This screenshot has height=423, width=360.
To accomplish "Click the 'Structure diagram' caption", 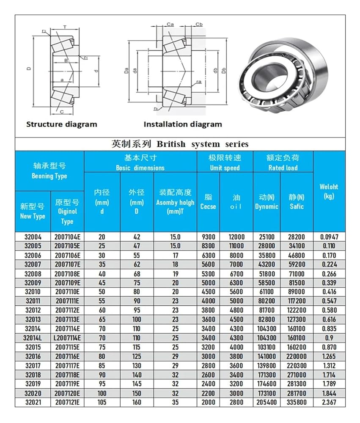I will pyautogui.click(x=61, y=124).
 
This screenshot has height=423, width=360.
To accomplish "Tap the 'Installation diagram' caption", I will pyautogui.click(x=182, y=124).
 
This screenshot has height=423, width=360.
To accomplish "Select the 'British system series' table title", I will pyautogui.click(x=180, y=144).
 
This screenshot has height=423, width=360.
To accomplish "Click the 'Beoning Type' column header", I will pyautogui.click(x=49, y=171).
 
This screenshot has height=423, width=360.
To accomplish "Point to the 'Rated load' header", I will pyautogui.click(x=283, y=162).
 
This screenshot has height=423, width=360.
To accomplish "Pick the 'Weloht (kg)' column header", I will pyautogui.click(x=329, y=191).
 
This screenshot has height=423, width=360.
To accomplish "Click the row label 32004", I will pyautogui.click(x=33, y=237).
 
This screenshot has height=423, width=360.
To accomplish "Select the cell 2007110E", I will pyautogui.click(x=67, y=291).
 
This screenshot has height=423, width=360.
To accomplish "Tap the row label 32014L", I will pyautogui.click(x=33, y=338).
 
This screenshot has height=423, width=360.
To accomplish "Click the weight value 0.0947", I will pyautogui.click(x=329, y=237).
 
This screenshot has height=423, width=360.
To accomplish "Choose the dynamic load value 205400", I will pyautogui.click(x=267, y=402).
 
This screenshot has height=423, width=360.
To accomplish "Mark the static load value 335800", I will pyautogui.click(x=297, y=402).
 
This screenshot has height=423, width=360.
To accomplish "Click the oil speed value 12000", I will pyautogui.click(x=236, y=237).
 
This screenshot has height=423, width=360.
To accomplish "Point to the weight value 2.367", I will pyautogui.click(x=329, y=402).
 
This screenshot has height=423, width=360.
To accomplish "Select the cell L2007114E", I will pyautogui.click(x=67, y=338).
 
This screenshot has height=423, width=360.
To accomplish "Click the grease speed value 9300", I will pyautogui.click(x=208, y=237).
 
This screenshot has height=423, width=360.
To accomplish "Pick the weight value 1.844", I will pyautogui.click(x=329, y=393).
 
